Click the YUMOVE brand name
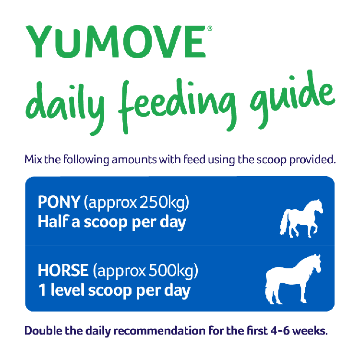click(x=116, y=41)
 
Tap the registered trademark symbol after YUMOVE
click(x=210, y=28)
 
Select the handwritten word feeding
click(x=177, y=106)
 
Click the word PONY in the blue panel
click(x=59, y=202)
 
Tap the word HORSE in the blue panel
click(x=63, y=270)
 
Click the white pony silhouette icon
click(x=301, y=218)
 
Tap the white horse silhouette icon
click(x=293, y=279)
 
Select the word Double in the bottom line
click(x=43, y=331)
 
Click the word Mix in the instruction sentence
click(x=33, y=159)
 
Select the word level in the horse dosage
click(x=68, y=290)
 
